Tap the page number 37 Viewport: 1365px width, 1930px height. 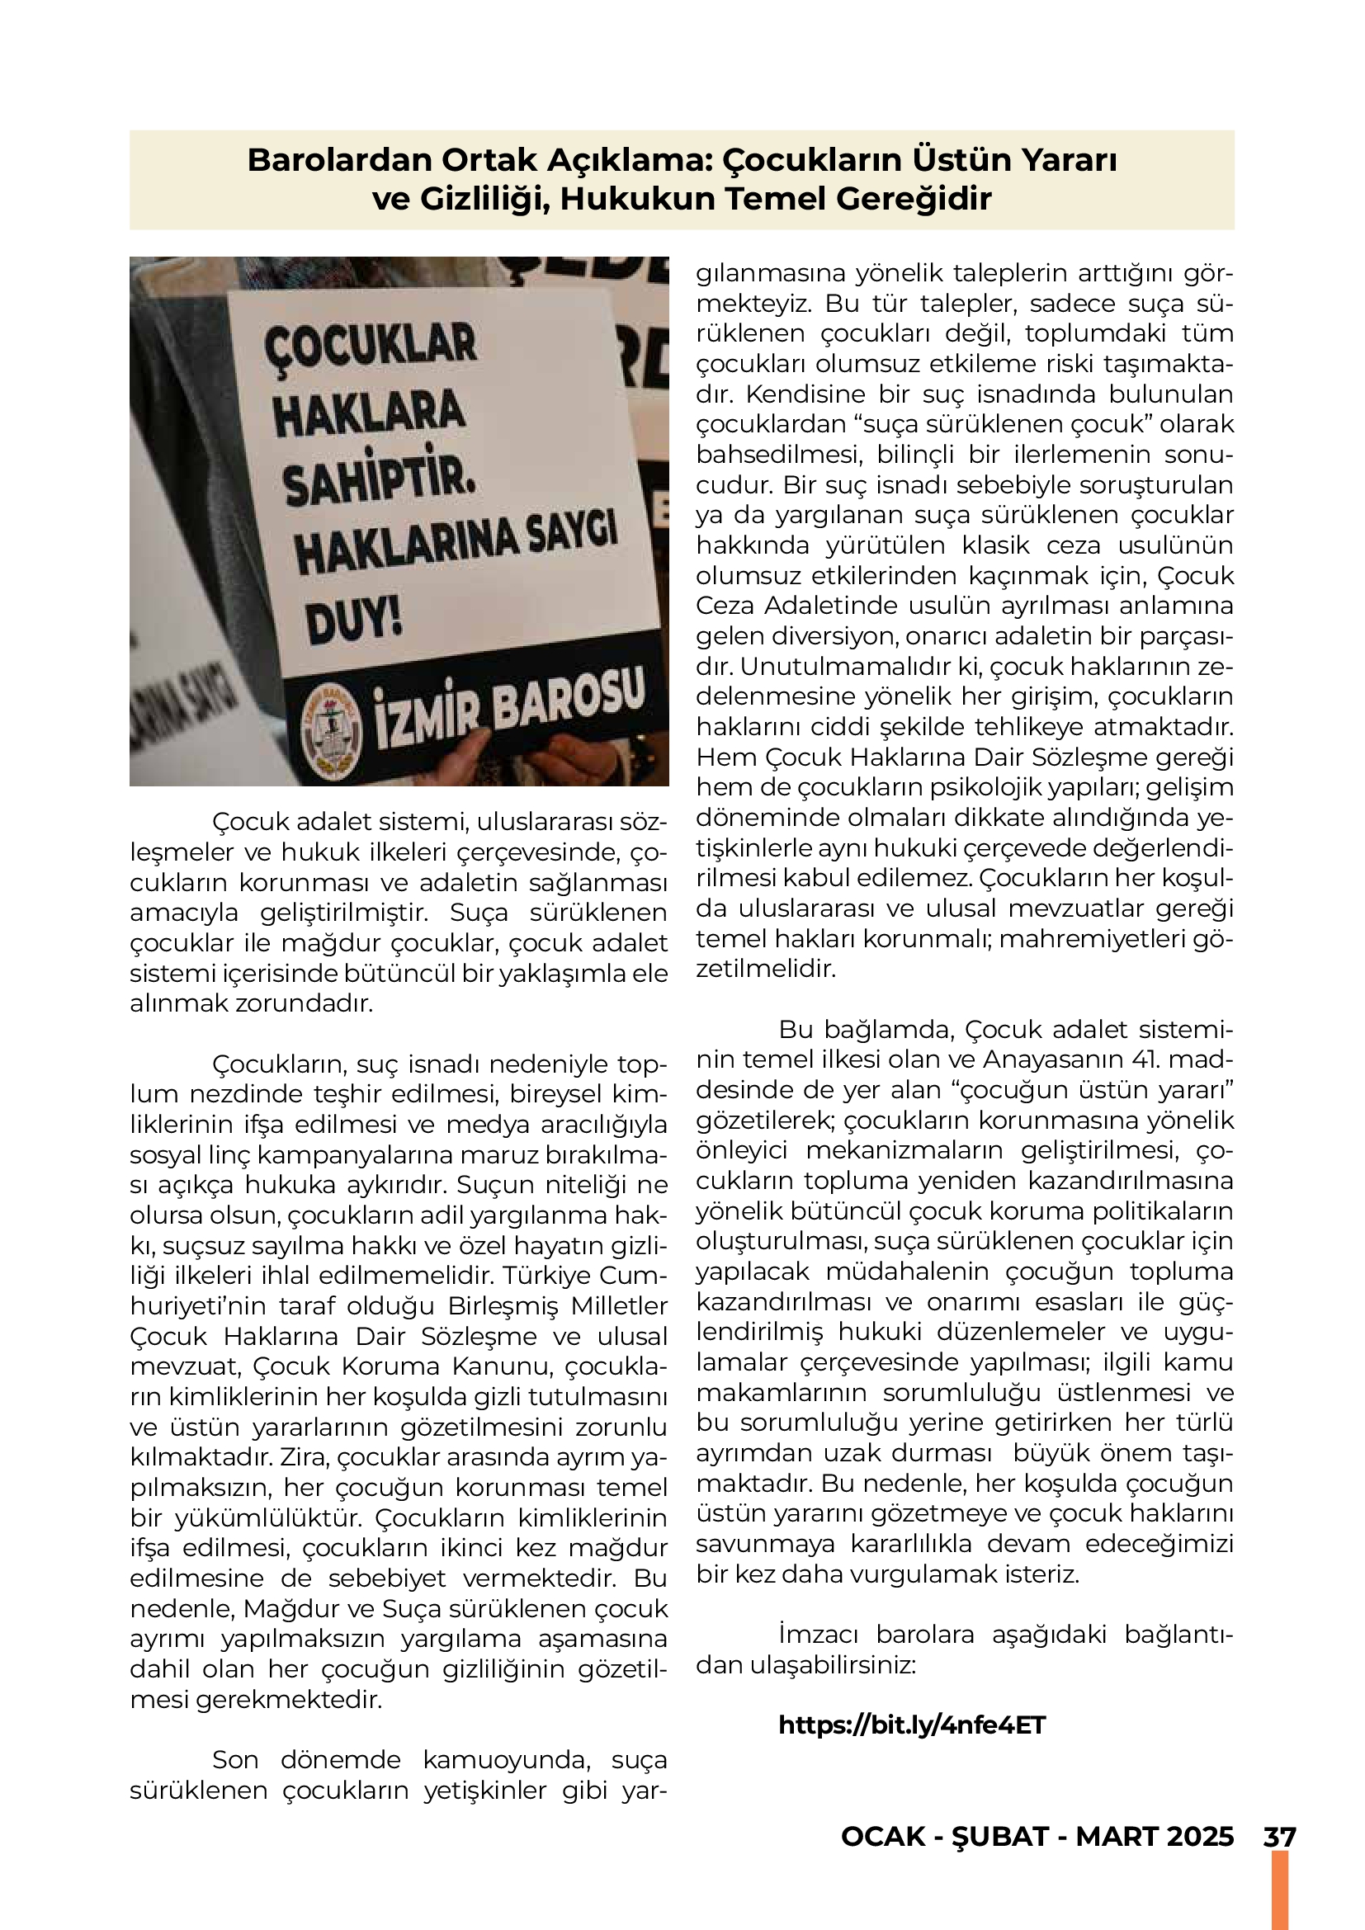click(1279, 1837)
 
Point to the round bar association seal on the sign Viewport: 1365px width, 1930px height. click(331, 729)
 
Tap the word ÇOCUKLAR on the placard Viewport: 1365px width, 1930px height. click(370, 346)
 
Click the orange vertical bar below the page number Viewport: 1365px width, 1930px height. click(1279, 1890)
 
